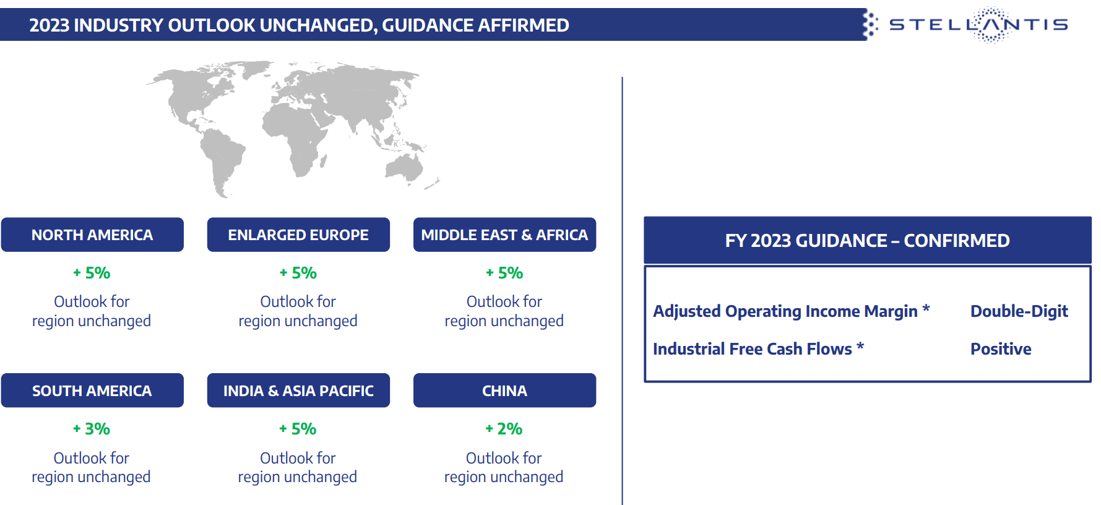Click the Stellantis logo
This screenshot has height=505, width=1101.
[x=978, y=25]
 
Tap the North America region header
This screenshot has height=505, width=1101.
[x=92, y=235]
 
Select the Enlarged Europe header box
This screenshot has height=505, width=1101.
[x=298, y=235]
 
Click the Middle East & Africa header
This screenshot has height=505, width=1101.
[x=504, y=235]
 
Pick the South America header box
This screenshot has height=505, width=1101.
[x=92, y=391]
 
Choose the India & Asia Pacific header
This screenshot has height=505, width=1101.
[x=298, y=391]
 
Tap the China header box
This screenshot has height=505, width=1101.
[x=504, y=391]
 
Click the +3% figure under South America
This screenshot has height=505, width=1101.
[x=92, y=429]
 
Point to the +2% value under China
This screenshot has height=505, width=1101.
[x=504, y=429]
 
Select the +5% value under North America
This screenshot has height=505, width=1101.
[x=92, y=273]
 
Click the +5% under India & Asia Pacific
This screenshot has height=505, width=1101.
[x=298, y=429]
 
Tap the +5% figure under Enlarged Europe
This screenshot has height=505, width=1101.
[x=298, y=273]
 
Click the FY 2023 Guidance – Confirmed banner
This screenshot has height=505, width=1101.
[x=867, y=240]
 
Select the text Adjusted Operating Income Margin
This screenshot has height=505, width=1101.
[x=785, y=311]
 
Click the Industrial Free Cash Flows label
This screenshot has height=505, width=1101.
[x=753, y=349]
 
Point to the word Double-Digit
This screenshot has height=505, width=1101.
[x=1019, y=311]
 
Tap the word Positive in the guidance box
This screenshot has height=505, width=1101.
[x=1001, y=349]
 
